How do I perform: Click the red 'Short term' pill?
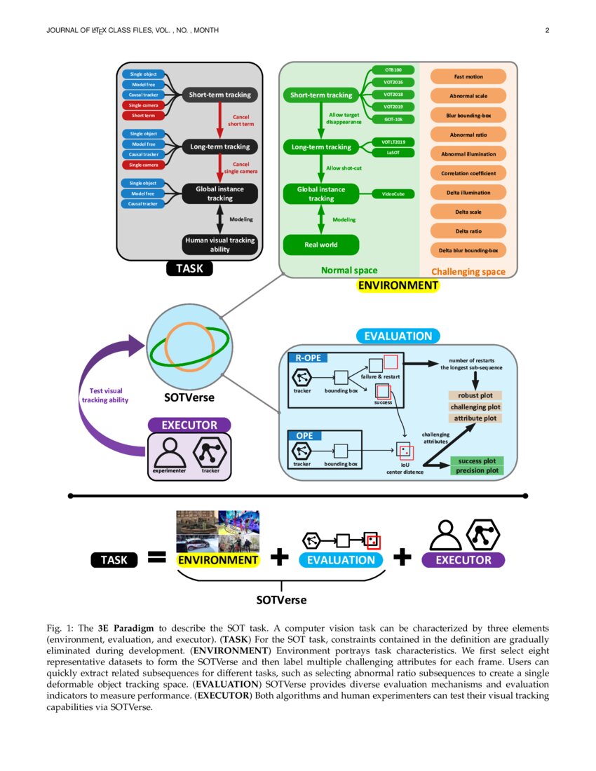[x=143, y=116]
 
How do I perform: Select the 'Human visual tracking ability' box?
[x=220, y=245]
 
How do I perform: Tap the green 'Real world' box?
[x=320, y=245]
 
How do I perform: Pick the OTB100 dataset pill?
[x=393, y=70]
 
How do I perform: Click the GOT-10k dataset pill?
[x=393, y=118]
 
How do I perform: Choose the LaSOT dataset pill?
[x=393, y=152]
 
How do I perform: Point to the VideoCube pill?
[x=393, y=193]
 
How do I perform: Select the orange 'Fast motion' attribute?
[x=468, y=76]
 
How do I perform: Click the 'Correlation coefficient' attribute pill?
[x=468, y=173]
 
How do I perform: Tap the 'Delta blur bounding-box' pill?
[x=468, y=250]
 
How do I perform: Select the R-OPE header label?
[x=304, y=358]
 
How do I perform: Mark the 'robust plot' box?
[x=475, y=395]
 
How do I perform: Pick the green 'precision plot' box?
[x=476, y=471]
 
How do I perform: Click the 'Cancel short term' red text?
[x=241, y=121]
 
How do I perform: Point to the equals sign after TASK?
[x=156, y=558]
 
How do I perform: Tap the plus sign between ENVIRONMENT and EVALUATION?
[x=279, y=558]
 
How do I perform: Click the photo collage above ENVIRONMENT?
[x=217, y=531]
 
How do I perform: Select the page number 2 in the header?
[x=546, y=30]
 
